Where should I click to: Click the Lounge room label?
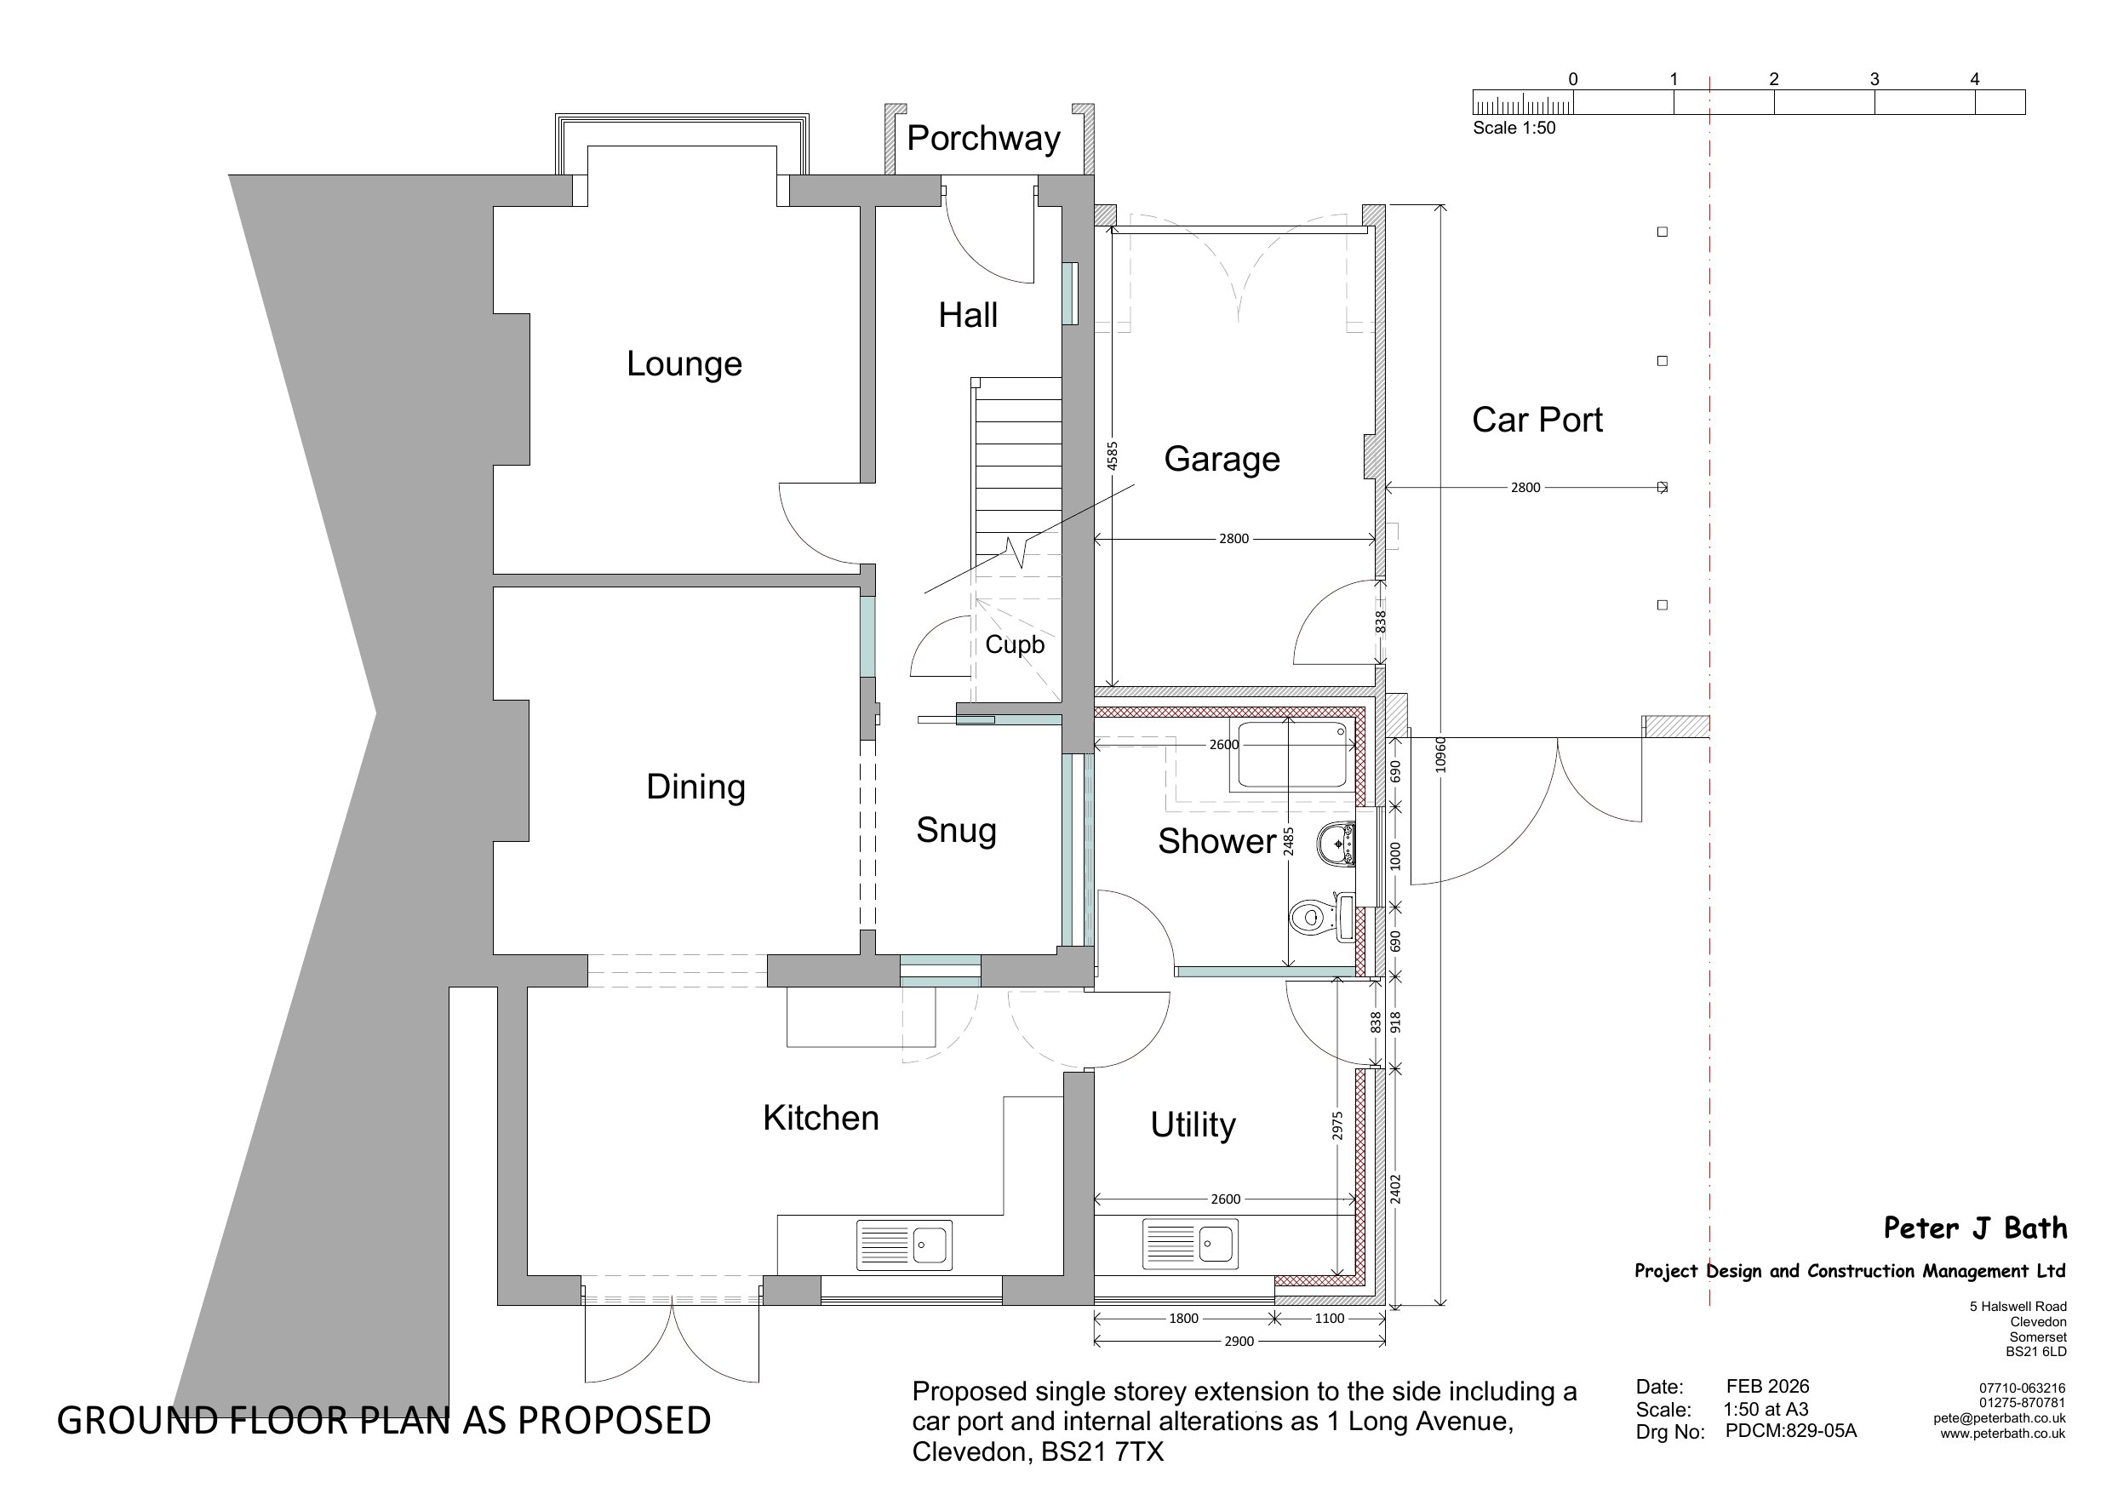tap(684, 363)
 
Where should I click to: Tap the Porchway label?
tap(983, 138)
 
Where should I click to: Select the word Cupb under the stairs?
tap(1015, 644)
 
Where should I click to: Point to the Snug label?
tap(956, 830)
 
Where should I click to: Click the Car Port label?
tap(1537, 420)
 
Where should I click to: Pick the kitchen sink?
tap(904, 1245)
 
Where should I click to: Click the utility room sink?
tap(1190, 1243)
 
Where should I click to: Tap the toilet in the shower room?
tap(1321, 916)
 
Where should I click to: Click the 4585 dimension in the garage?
tap(1112, 456)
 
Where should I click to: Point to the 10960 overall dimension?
tap(1440, 754)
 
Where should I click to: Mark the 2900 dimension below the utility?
tap(1239, 1342)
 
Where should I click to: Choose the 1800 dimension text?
tap(1184, 1319)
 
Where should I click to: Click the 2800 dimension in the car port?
tap(1525, 488)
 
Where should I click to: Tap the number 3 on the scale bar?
tap(1874, 79)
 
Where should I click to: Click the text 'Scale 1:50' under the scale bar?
tap(1514, 128)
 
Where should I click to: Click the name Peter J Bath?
tap(1975, 1228)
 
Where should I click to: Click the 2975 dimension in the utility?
tap(1337, 1126)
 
